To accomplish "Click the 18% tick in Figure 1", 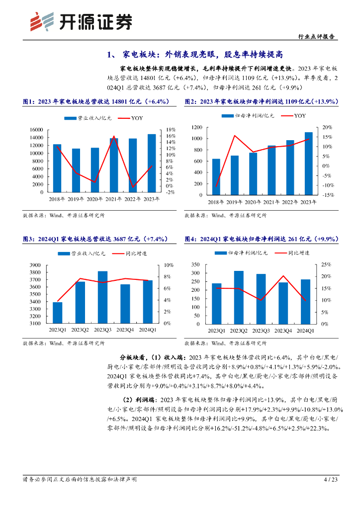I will [x=170, y=130].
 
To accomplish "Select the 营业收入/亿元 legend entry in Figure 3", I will [x=83, y=254].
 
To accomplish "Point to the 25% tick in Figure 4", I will [x=326, y=264].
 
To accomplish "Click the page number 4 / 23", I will [x=331, y=480].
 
